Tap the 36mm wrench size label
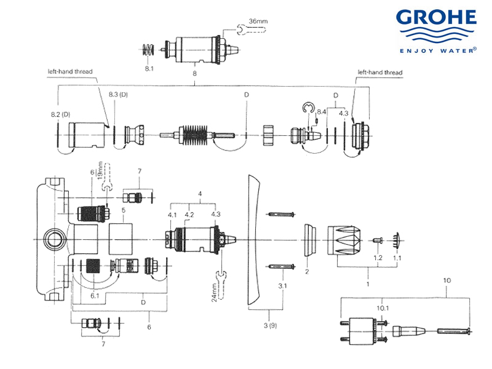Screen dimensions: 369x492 258,22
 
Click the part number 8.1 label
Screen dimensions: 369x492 149,69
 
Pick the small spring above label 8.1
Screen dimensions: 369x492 148,50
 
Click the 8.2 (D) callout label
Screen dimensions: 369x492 60,115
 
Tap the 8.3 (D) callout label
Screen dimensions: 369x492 117,94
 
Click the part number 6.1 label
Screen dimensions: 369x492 95,296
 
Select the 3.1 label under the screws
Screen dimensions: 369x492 282,287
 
